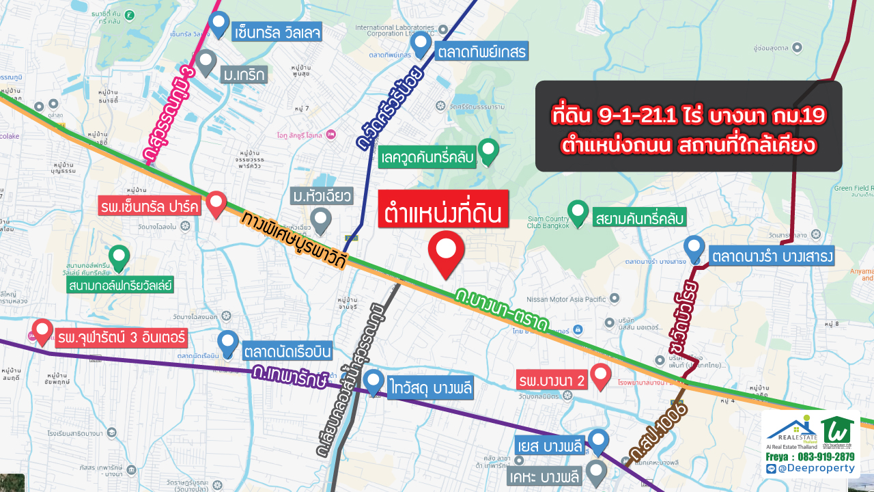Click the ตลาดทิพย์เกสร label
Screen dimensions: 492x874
point(474,51)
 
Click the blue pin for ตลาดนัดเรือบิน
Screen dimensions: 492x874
point(227,341)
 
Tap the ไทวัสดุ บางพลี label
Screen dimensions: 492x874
point(429,386)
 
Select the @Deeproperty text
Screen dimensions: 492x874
point(816,468)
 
